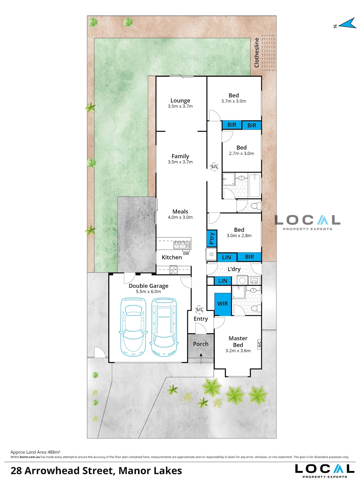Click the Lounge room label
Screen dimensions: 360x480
pyautogui.click(x=180, y=101)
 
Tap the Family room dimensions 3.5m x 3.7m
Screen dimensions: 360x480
pyautogui.click(x=180, y=162)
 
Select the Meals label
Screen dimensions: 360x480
pyautogui.click(x=180, y=211)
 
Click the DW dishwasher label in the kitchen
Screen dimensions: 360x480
pyautogui.click(x=186, y=254)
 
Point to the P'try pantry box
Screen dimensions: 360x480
pyautogui.click(x=212, y=239)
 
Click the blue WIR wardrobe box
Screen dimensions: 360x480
pyautogui.click(x=223, y=304)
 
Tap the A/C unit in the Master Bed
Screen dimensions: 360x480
pyautogui.click(x=259, y=344)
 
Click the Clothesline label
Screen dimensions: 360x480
pyautogui.click(x=256, y=53)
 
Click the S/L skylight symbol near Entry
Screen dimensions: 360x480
pyautogui.click(x=199, y=309)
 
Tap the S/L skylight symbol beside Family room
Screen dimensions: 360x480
pyautogui.click(x=214, y=167)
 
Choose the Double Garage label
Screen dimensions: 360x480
pyautogui.click(x=148, y=286)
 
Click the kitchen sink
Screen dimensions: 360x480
pyautogui.click(x=182, y=245)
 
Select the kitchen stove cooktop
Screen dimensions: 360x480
pyautogui.click(x=174, y=270)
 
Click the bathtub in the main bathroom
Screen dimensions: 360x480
pyautogui.click(x=254, y=186)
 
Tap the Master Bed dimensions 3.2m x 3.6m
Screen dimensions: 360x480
pyautogui.click(x=238, y=351)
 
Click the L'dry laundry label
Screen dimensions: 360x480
pyautogui.click(x=234, y=269)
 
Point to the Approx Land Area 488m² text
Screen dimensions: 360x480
pyautogui.click(x=35, y=452)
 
